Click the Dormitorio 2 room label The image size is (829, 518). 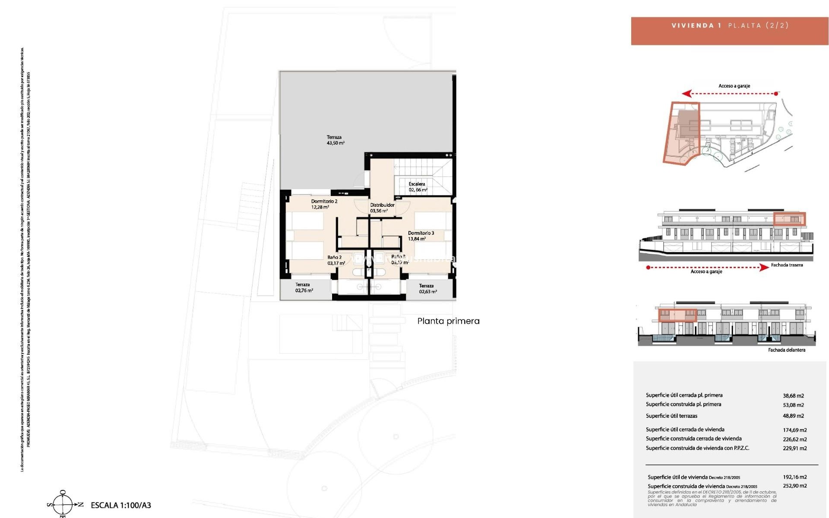tap(324, 201)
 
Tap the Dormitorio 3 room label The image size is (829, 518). tap(421, 233)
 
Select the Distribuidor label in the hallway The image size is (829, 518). tap(382, 205)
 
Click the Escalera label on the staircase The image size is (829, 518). tap(417, 184)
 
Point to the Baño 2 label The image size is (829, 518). tap(335, 257)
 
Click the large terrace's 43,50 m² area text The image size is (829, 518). tap(335, 143)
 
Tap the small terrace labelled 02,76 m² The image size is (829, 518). tap(304, 288)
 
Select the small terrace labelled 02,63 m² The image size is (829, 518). tap(427, 289)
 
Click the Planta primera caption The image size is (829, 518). tap(448, 321)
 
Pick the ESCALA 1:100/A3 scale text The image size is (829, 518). tap(121, 505)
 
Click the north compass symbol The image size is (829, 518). tap(63, 504)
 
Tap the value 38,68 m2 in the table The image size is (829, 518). tap(793, 395)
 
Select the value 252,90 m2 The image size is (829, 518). tap(794, 486)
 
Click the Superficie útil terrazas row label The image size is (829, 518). tap(671, 416)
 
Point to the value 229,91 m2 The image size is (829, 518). tap(794, 448)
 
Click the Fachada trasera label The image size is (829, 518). tap(787, 265)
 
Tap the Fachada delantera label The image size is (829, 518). tap(786, 350)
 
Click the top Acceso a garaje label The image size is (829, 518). tap(734, 86)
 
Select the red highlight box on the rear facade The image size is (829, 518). tap(789, 219)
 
